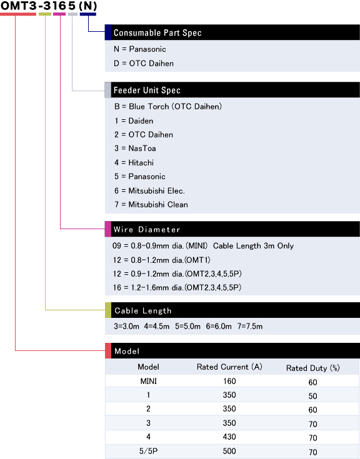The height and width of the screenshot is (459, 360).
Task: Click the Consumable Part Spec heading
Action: pos(157,32)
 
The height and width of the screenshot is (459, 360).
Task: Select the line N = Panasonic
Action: pos(140,49)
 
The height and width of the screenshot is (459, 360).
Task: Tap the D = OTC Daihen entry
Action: pos(144,63)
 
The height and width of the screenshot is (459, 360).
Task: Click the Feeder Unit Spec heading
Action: pos(147,90)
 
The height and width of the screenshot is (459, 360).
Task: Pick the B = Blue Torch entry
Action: pos(168,106)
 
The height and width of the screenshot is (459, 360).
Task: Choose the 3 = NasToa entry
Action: pos(135,149)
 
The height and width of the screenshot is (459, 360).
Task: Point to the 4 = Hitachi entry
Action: pos(134,162)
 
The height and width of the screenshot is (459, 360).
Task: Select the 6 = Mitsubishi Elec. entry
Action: pos(149,191)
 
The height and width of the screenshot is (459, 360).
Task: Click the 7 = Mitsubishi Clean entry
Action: pos(151,204)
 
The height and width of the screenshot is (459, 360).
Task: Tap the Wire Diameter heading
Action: pos(147,230)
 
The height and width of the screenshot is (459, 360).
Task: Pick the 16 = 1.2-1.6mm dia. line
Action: pos(177,287)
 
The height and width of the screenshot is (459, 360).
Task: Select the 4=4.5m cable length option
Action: pos(157,326)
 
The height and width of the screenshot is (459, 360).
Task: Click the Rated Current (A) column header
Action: pos(229,367)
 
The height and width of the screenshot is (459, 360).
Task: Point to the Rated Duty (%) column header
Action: pos(313,368)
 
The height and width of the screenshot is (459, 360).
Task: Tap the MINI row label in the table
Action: pos(149,381)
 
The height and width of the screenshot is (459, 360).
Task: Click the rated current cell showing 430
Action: pos(229,437)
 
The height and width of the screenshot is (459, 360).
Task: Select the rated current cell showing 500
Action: pos(229,451)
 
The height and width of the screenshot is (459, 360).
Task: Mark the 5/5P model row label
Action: pos(149,451)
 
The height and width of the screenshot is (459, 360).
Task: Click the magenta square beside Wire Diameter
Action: pos(108,229)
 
